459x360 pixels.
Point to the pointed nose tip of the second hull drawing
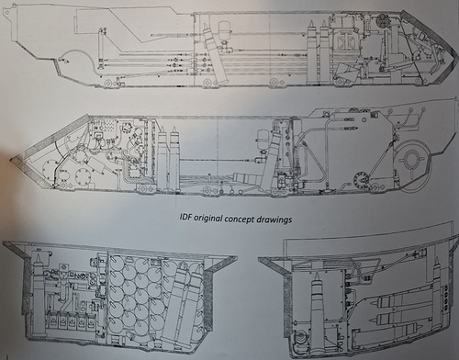coord(10,159)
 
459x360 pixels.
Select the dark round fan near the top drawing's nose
coord(382,21)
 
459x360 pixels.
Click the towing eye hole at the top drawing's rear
coord(6,13)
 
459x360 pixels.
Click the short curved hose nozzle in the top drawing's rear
coord(65,61)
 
